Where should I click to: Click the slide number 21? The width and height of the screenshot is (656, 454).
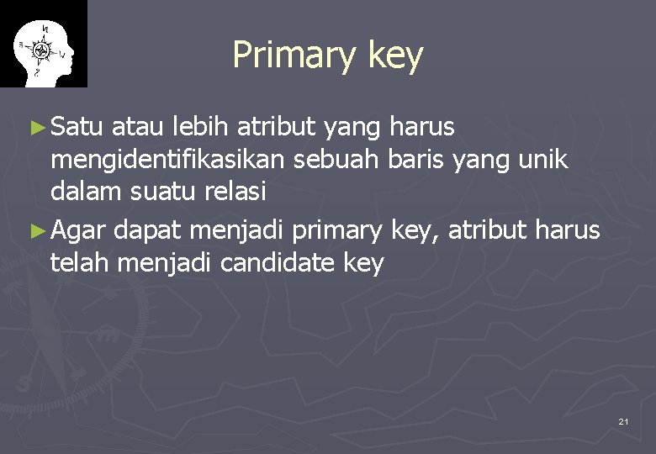point(623,420)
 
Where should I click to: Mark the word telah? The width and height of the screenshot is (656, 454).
point(81,262)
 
